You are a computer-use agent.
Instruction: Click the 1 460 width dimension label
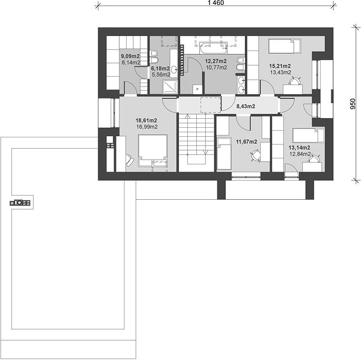pos(216,3)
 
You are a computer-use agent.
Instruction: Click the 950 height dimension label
pos(353,104)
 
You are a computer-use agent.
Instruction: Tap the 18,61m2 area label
pos(146,121)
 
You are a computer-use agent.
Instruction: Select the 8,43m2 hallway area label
pos(246,106)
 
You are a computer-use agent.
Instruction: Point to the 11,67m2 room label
pos(246,142)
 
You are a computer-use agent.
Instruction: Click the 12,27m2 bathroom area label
pos(216,61)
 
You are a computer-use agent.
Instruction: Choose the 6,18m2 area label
pos(160,68)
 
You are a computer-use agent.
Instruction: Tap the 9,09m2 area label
pos(130,56)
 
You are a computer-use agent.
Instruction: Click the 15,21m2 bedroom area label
pos(280,66)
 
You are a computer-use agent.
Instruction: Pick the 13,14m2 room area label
pos(300,148)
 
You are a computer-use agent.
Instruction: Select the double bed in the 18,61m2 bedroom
pos(153,151)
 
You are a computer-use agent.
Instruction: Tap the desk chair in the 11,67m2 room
pos(255,155)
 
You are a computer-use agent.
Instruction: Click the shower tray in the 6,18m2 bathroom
pos(170,86)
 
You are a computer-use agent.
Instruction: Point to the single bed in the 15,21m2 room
pos(285,46)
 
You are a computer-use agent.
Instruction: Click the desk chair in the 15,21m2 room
pos(295,81)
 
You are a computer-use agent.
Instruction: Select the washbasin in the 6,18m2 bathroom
pos(174,69)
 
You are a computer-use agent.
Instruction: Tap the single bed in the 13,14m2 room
pos(309,136)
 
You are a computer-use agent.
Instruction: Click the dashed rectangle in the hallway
pos(211,105)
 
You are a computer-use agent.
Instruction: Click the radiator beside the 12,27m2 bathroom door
pos(182,60)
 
